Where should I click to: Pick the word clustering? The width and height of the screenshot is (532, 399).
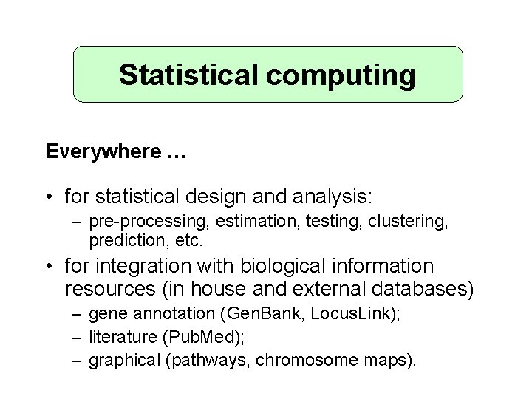pos(412,222)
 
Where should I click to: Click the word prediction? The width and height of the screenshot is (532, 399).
pos(123,240)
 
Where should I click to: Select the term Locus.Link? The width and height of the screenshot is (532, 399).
pos(352,313)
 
